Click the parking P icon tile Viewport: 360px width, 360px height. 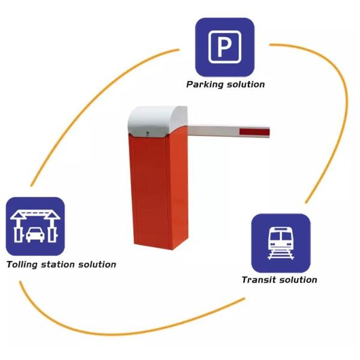click(x=224, y=47)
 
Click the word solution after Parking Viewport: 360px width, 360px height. click(x=245, y=85)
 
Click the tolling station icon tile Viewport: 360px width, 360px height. click(x=35, y=226)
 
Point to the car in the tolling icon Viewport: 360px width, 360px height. click(x=35, y=233)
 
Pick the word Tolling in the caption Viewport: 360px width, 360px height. click(x=23, y=265)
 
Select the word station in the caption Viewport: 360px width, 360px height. click(x=60, y=265)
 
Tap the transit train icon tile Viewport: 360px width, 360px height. click(x=280, y=243)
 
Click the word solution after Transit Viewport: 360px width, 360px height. click(x=298, y=280)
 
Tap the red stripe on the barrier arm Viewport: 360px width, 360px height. click(x=255, y=132)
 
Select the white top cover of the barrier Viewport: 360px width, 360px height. click(x=157, y=119)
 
